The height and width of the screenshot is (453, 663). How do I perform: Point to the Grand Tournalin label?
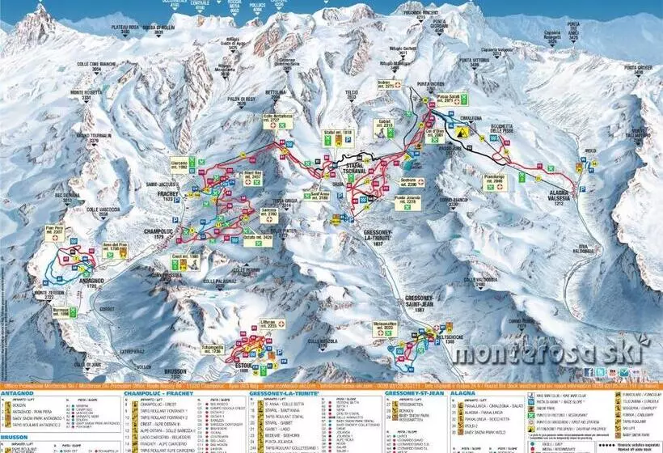(x=93, y=138)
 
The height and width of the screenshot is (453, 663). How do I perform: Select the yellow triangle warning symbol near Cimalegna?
(x=462, y=129)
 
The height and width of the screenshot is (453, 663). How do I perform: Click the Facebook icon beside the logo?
(x=588, y=372)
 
